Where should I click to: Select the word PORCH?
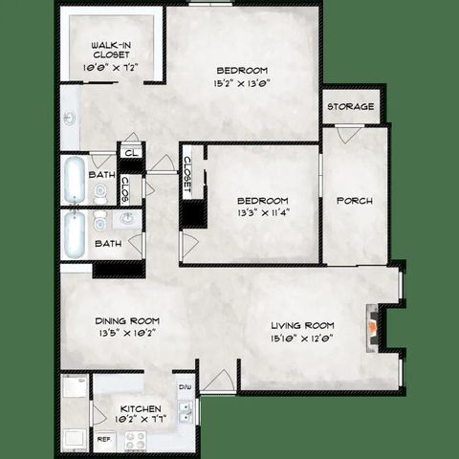click(x=354, y=201)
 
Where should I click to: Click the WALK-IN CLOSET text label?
click(x=112, y=51)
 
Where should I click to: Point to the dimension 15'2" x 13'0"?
click(x=241, y=83)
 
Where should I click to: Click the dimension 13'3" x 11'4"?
click(x=262, y=213)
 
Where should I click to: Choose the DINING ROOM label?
click(x=126, y=320)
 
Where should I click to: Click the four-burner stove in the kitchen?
click(x=135, y=440)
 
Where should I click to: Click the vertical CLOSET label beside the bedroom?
click(x=187, y=173)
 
